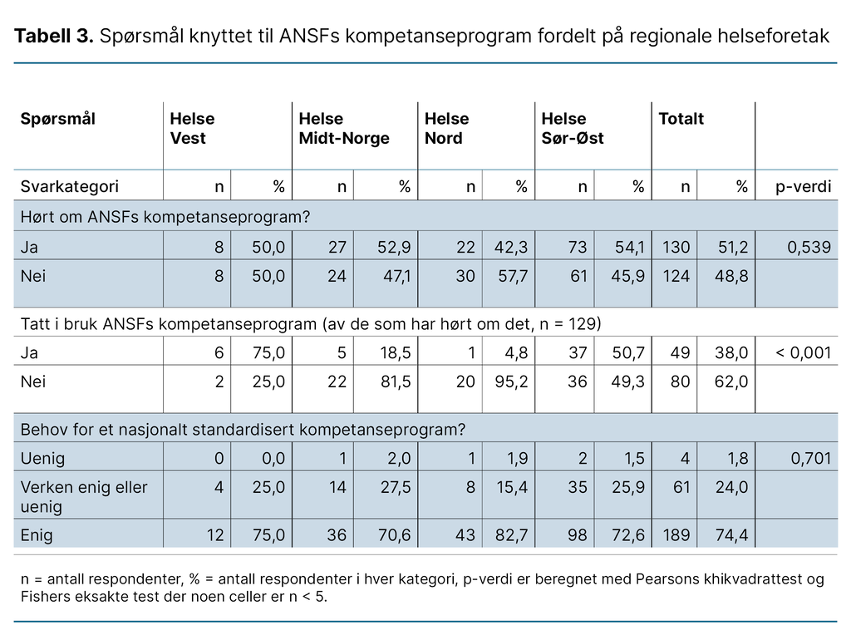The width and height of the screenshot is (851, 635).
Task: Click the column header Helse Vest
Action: pos(192,129)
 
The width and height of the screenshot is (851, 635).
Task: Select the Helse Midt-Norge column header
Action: pos(343,129)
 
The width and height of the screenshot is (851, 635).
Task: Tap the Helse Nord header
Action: pos(446,129)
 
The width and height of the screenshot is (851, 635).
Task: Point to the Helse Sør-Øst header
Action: pos(572,129)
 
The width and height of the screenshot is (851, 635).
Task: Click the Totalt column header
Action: pos(681,119)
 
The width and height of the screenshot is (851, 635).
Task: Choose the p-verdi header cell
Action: pos(803,187)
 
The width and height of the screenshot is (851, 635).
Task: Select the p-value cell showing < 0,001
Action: pos(803,353)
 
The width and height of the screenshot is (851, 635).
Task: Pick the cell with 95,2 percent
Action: pos(512,381)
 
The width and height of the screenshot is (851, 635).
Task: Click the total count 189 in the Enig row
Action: pos(675,535)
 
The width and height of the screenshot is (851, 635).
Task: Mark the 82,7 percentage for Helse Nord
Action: pos(512,535)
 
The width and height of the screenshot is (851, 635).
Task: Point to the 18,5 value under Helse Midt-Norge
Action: pos(395,353)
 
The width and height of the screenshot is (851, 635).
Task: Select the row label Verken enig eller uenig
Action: pos(83,496)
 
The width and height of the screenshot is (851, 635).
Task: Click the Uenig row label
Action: pos(42,459)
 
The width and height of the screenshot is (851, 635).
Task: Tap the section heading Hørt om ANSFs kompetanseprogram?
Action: pos(165,218)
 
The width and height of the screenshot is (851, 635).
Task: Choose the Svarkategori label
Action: pos(69,187)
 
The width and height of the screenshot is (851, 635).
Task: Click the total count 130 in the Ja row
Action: pos(675,247)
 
